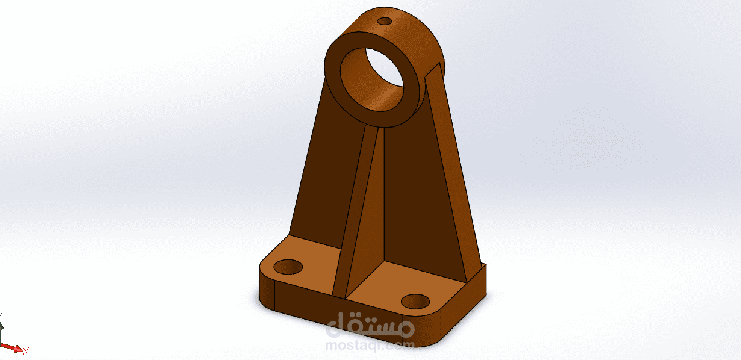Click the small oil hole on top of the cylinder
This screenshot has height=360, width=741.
pos(385,22)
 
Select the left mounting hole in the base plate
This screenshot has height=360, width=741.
pos(288,267)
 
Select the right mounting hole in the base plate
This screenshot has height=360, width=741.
pos(415,302)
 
